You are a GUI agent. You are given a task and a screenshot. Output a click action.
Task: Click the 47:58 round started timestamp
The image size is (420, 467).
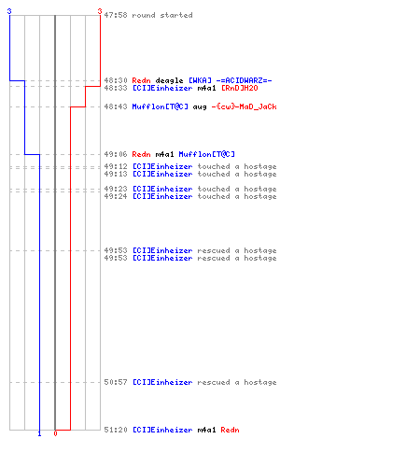[116, 15]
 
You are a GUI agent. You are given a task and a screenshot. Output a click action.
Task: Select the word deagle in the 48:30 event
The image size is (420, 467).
[169, 81]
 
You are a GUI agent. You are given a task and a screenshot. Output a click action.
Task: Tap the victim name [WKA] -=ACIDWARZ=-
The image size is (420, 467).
[231, 80]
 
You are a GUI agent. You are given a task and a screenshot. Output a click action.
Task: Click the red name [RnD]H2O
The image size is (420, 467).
[239, 88]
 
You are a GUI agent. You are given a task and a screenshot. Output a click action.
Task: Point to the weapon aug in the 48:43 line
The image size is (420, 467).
[200, 107]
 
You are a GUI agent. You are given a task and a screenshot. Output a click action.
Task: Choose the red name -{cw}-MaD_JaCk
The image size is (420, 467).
[244, 106]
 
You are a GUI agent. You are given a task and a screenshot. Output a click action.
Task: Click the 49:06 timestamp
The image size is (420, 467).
[116, 154]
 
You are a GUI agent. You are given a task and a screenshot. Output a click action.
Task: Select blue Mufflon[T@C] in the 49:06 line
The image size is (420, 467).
[206, 154]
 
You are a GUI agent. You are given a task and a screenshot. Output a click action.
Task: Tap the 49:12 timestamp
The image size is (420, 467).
[116, 166]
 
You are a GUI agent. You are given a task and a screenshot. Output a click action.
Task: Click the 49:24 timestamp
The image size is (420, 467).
[116, 196]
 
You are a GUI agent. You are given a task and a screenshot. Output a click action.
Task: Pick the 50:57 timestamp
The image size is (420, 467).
[116, 382]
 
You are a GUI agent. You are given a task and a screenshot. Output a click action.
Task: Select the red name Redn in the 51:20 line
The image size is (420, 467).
[230, 430]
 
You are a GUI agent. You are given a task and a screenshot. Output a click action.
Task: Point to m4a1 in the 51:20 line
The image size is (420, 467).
[206, 430]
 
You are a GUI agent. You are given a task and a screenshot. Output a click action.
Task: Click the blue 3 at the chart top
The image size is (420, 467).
[9, 11]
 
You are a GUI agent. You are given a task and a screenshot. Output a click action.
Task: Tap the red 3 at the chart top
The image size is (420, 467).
[100, 11]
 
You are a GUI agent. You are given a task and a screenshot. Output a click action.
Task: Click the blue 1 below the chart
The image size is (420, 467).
[39, 433]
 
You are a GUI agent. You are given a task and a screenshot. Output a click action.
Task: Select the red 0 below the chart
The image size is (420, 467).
[55, 433]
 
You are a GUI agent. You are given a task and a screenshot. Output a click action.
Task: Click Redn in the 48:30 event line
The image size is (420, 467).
[141, 80]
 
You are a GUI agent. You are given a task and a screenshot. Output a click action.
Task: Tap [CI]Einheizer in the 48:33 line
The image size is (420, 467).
[162, 88]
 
